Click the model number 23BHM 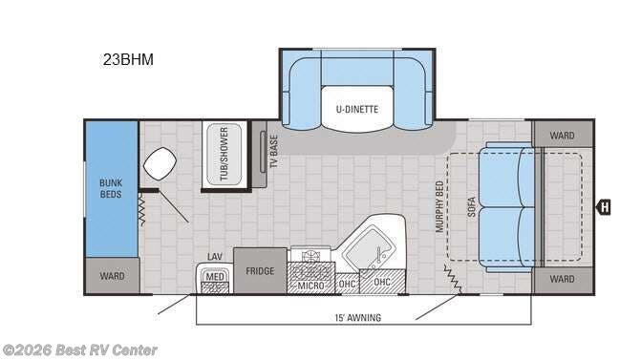(128, 59)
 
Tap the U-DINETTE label (357, 109)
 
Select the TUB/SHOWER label (224, 154)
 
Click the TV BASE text (274, 152)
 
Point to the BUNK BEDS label (111, 188)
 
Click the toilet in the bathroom (160, 163)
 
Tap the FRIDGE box (260, 270)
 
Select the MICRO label (310, 286)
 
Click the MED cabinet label (215, 277)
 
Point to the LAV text (215, 257)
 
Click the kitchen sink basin (369, 247)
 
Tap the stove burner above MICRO (310, 257)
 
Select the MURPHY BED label (439, 207)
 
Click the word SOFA (471, 207)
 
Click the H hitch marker (604, 207)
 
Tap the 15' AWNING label (358, 317)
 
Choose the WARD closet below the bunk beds (112, 276)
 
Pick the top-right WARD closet (563, 135)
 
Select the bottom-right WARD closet (563, 280)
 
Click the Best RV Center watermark (79, 350)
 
